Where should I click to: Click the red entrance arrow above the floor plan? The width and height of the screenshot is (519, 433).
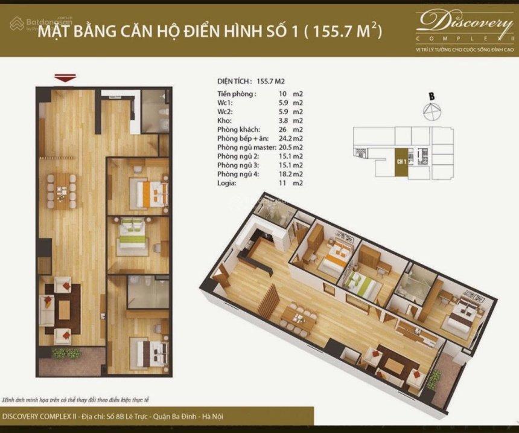(x=65, y=77)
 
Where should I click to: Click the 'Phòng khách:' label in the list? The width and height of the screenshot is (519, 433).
(x=238, y=130)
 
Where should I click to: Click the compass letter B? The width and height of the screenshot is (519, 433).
(x=432, y=95)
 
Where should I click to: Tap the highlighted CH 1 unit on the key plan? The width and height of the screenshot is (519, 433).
(x=401, y=162)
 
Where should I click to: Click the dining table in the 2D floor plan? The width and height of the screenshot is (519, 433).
(x=61, y=190)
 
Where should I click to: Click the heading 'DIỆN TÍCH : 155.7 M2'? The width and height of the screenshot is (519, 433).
(x=250, y=80)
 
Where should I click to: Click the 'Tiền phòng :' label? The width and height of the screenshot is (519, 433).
(x=237, y=94)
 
